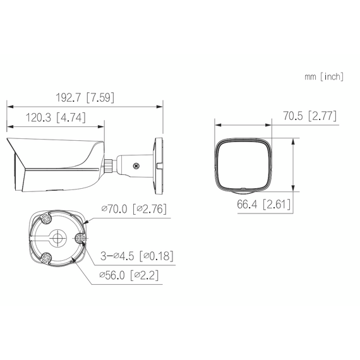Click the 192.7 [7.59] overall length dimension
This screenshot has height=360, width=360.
pos(85,98)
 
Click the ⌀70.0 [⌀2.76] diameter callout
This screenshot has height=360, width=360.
pos(133,209)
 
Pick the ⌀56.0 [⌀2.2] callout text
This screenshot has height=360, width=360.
pos(128,275)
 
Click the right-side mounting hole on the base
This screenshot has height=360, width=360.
pos(80,239)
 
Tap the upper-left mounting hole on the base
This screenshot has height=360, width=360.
pos(47,219)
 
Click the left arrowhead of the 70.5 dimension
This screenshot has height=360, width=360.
pos(216,124)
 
